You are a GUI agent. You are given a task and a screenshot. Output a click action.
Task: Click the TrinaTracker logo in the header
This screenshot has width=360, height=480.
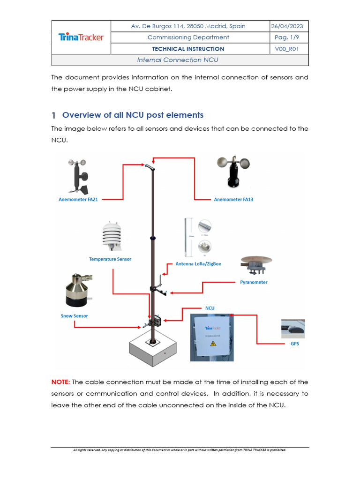point(81,37)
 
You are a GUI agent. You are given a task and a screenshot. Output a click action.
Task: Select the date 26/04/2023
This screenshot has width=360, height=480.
point(289,26)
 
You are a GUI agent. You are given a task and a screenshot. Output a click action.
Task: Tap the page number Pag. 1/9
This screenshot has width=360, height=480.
point(289,37)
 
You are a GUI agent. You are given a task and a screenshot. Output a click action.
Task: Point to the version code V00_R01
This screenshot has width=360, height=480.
point(289,49)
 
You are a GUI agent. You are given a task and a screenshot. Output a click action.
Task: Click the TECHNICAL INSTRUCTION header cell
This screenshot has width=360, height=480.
point(188,49)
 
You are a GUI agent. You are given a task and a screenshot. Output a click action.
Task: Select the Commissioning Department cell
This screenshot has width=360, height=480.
point(188,37)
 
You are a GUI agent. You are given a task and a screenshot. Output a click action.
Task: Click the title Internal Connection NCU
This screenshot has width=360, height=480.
point(178,60)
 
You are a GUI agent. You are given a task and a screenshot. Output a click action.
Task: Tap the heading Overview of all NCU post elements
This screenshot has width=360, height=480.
point(133,115)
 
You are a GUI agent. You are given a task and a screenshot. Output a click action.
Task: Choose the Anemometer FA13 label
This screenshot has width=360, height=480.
point(233,199)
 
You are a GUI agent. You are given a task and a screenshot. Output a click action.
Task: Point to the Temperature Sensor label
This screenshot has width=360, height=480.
point(110,259)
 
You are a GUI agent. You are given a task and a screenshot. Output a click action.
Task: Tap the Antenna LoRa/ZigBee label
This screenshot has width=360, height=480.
point(198,264)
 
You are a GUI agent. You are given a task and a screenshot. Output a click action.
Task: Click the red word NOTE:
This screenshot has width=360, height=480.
point(60,382)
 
